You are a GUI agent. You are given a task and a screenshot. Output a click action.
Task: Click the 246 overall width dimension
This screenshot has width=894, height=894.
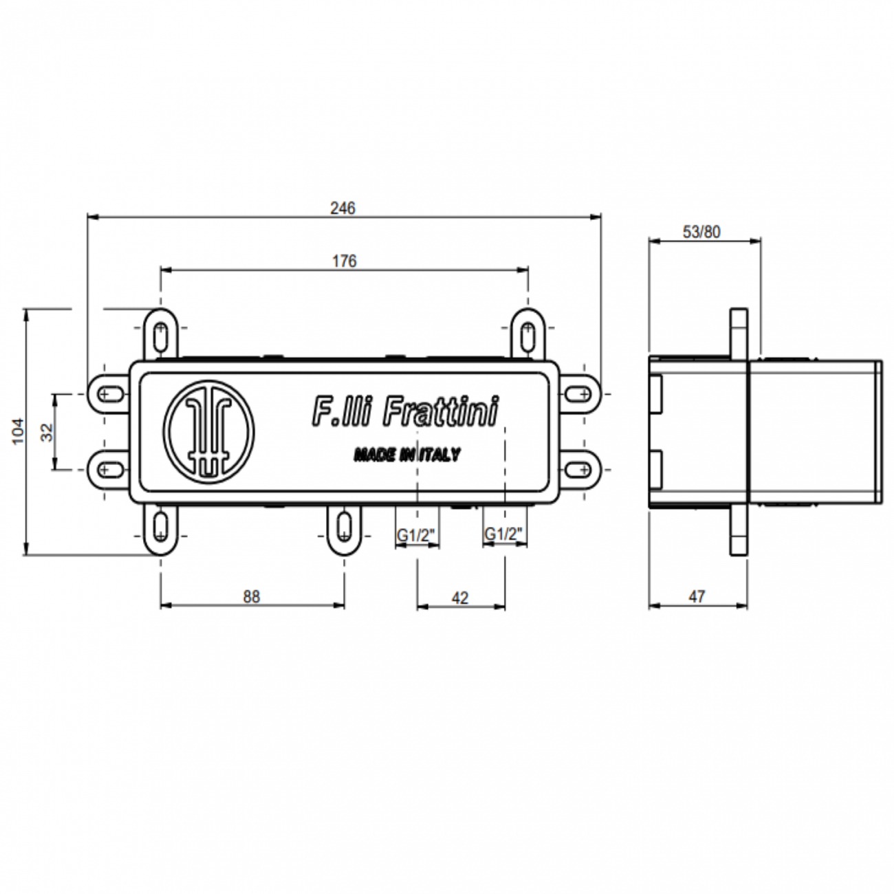click(x=342, y=208)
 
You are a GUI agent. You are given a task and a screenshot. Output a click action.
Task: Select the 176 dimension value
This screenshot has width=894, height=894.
click(x=344, y=261)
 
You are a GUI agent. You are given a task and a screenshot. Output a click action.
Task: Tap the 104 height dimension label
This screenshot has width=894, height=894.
click(x=19, y=431)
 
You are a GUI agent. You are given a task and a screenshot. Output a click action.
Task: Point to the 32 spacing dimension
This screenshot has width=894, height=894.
click(x=47, y=432)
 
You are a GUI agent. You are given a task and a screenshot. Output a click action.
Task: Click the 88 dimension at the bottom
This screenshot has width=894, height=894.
click(x=252, y=596)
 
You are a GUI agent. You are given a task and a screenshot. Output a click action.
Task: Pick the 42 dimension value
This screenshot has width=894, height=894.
click(x=460, y=598)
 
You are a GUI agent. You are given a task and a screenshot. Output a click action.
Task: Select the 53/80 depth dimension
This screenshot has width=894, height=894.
click(x=701, y=232)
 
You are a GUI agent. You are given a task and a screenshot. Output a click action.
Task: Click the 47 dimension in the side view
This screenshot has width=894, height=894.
click(x=697, y=597)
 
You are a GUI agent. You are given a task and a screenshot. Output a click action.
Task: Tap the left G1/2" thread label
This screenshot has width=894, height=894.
click(x=416, y=534)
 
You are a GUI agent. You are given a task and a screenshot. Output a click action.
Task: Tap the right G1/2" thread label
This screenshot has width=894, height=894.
click(x=504, y=534)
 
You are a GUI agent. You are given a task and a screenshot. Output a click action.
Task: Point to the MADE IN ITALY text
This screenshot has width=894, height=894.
click(x=407, y=455)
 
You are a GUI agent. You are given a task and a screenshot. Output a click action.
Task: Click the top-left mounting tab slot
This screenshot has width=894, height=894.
click(x=160, y=336)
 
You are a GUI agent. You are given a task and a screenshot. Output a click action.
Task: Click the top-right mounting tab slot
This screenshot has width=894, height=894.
click(x=527, y=336)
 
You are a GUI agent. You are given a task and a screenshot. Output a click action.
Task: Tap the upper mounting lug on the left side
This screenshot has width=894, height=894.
click(x=107, y=394)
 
